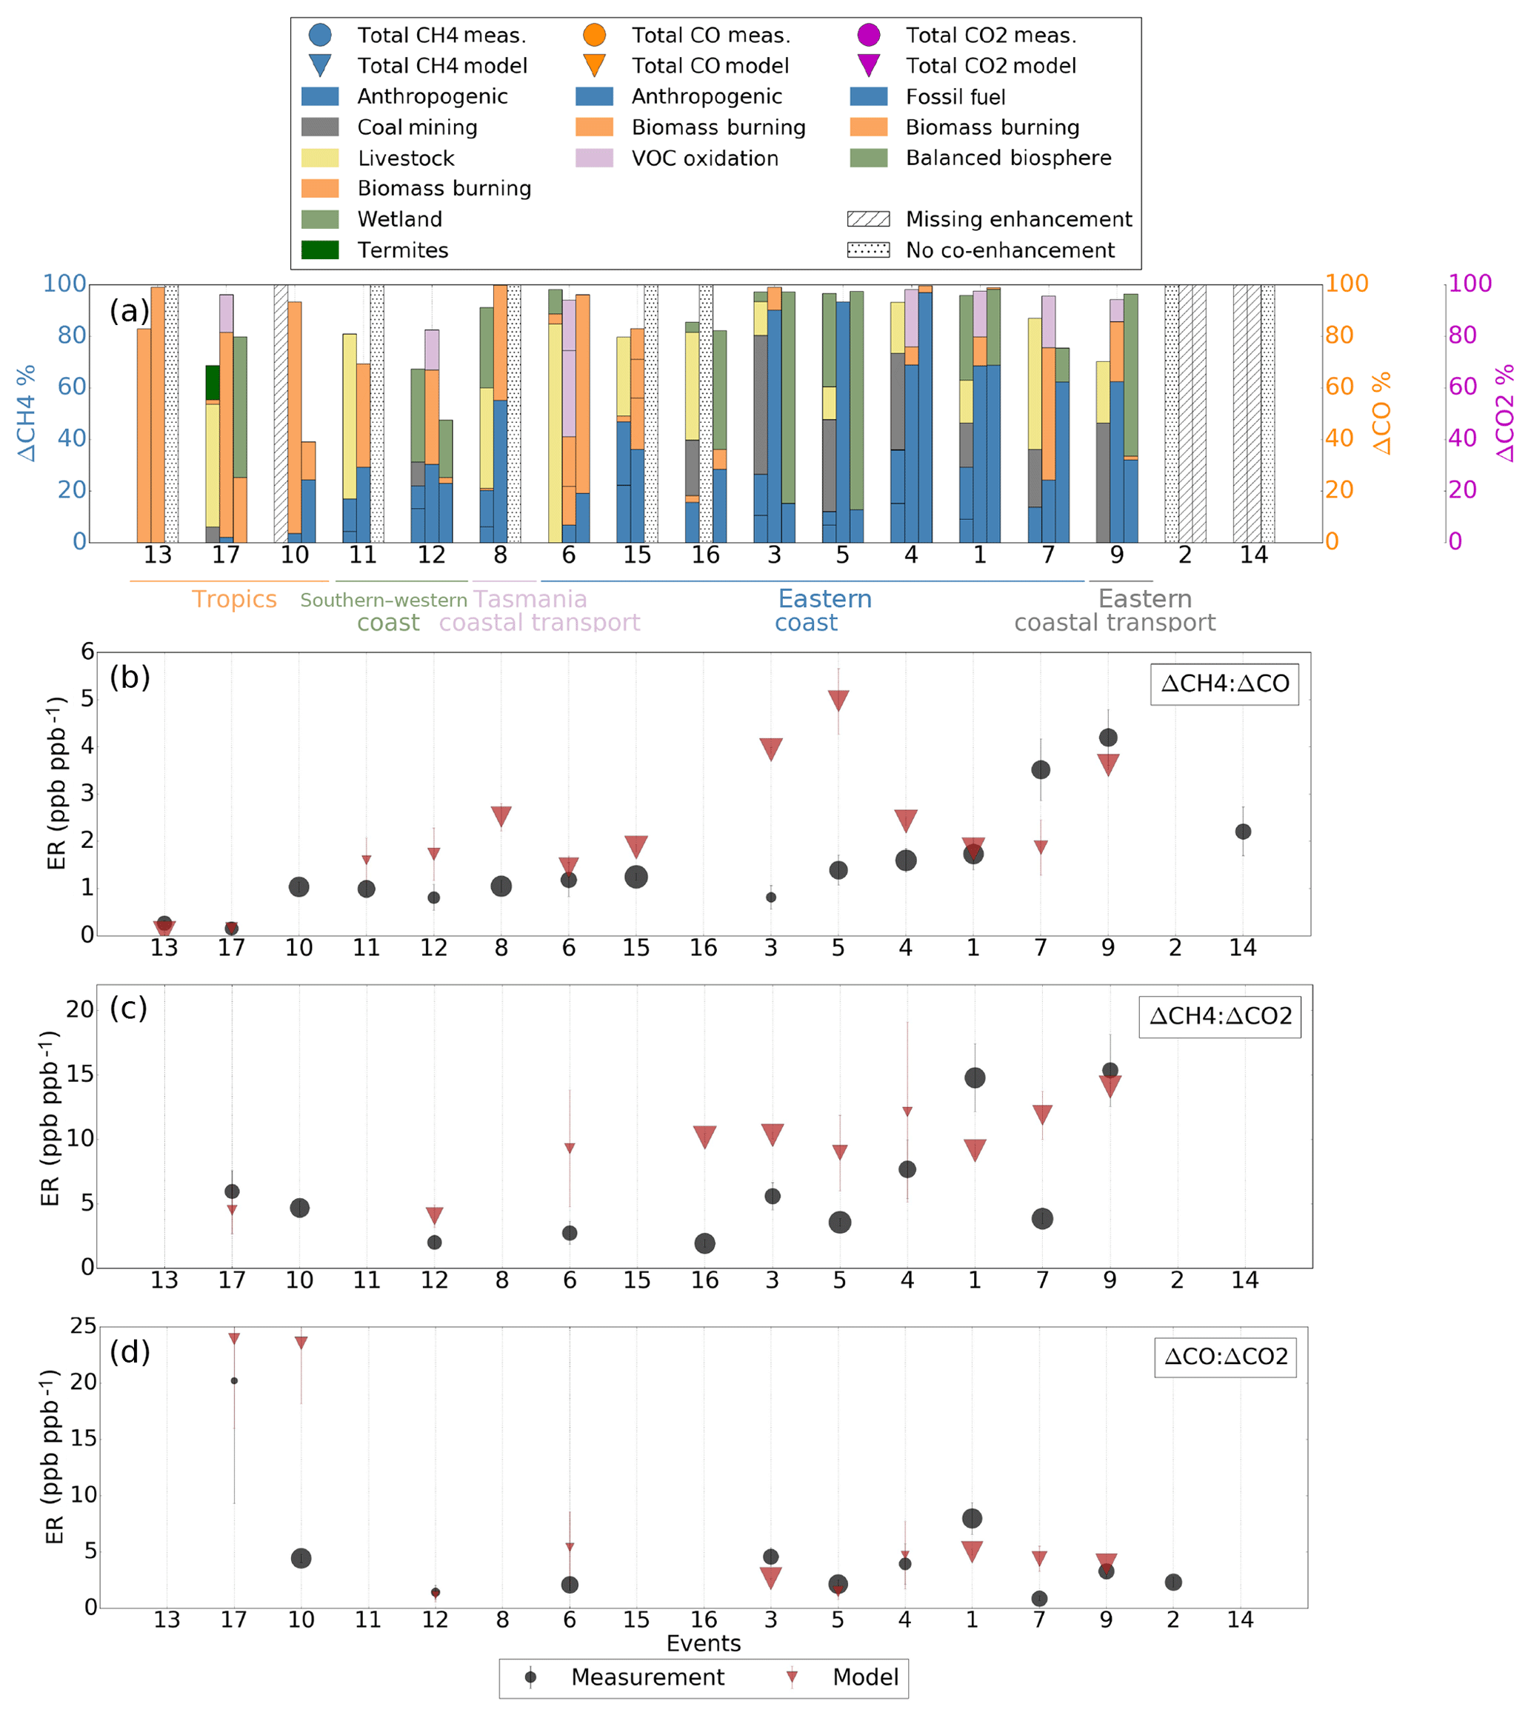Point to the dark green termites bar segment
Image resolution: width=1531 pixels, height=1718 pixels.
213,383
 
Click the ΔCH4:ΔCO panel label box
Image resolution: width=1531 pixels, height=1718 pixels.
1224,683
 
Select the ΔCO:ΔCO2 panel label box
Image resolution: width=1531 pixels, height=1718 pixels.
1225,1357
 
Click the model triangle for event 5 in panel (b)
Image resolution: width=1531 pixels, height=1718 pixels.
838,700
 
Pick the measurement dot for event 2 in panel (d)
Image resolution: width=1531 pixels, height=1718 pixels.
1173,1582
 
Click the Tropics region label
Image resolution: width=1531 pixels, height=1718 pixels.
234,600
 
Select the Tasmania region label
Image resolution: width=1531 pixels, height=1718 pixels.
530,600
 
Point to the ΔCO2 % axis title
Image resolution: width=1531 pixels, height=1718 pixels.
1505,412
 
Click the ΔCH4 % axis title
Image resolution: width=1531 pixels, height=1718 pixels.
27,412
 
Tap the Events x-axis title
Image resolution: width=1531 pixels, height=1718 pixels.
703,1644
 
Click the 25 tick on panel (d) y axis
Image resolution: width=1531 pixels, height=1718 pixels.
83,1326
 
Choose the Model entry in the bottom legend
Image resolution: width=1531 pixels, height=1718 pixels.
865,1677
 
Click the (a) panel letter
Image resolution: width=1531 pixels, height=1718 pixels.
129,311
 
